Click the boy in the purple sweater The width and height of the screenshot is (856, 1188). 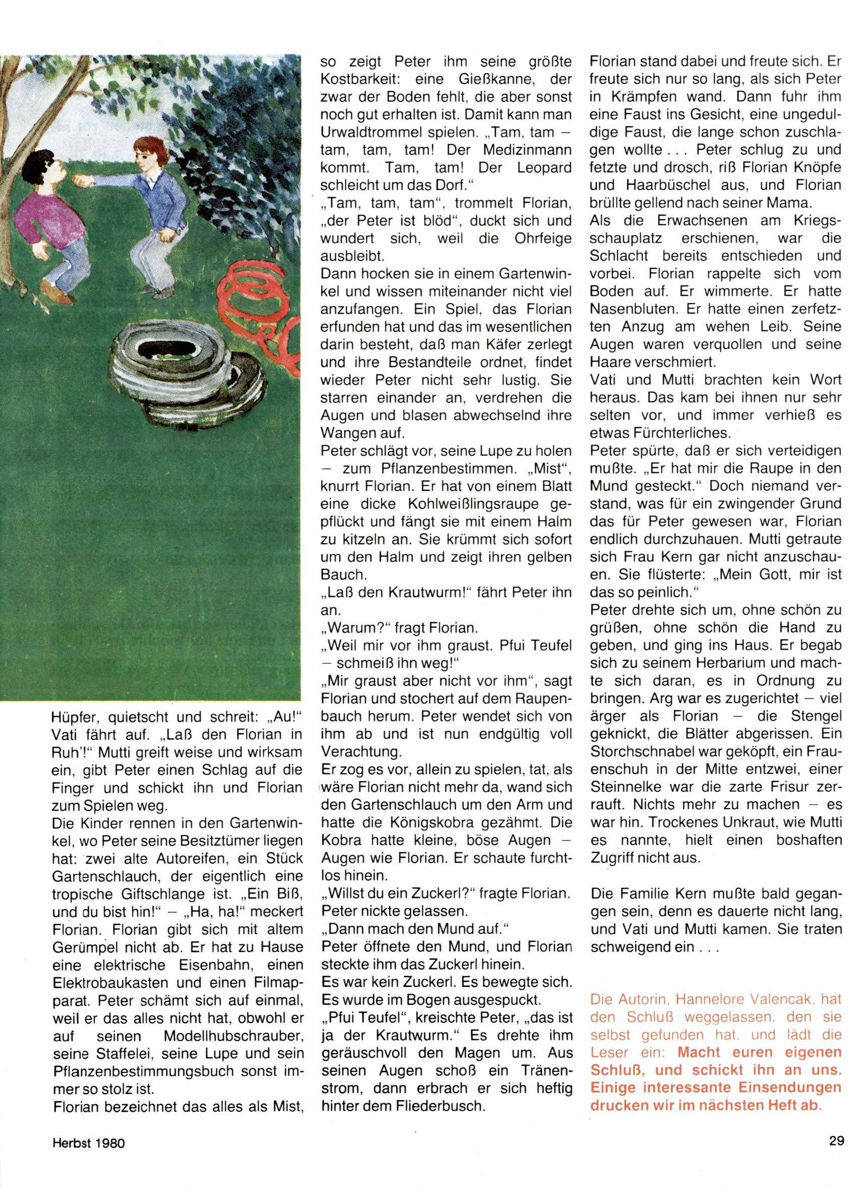point(39,210)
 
